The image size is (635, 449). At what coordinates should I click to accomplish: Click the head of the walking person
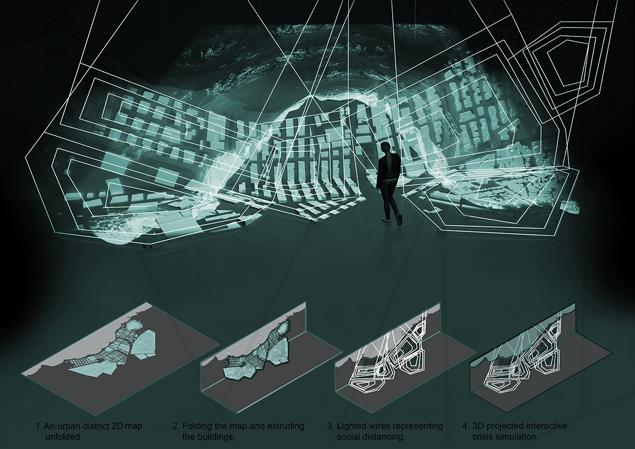click(385, 147)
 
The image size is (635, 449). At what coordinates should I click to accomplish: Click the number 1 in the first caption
click(38, 426)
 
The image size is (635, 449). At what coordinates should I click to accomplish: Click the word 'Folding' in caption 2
click(196, 426)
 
